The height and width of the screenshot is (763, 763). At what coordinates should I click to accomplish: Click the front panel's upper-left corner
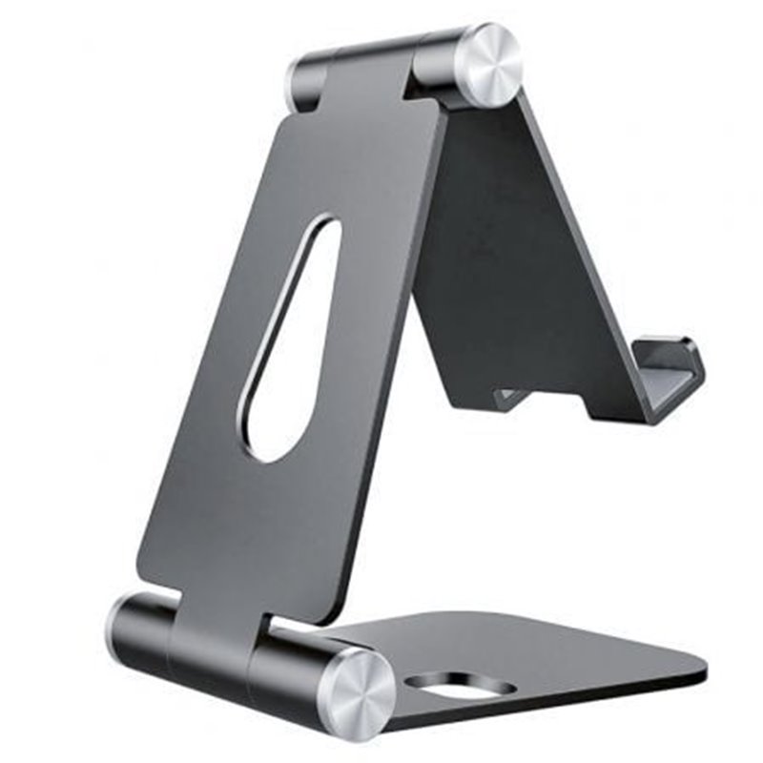pos(286,124)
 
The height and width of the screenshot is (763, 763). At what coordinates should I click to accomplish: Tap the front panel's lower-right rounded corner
pos(329,610)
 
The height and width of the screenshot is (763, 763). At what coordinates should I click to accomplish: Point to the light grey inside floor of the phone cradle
pos(668,381)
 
